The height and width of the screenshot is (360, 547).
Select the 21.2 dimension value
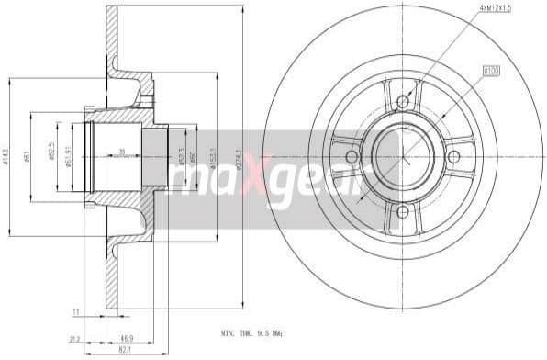(74, 339)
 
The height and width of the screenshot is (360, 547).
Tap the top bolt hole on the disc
(402, 101)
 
